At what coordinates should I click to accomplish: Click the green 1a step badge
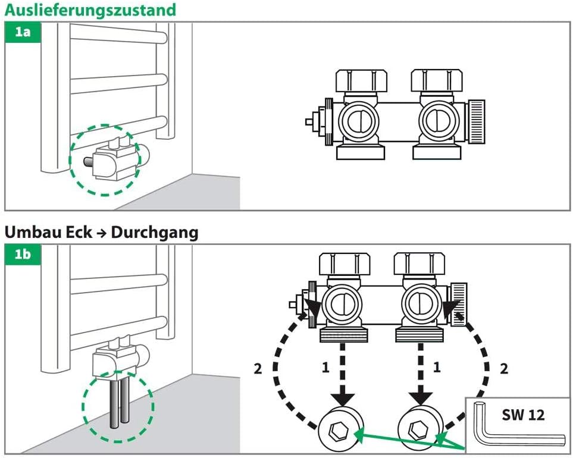[x=23, y=32]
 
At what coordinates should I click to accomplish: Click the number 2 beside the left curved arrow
[x=258, y=369]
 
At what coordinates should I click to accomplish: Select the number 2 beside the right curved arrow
[x=503, y=369]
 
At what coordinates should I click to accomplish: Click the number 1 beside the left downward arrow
[x=325, y=368]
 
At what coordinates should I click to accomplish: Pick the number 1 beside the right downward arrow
[x=436, y=368]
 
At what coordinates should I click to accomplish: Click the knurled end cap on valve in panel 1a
[x=477, y=122]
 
